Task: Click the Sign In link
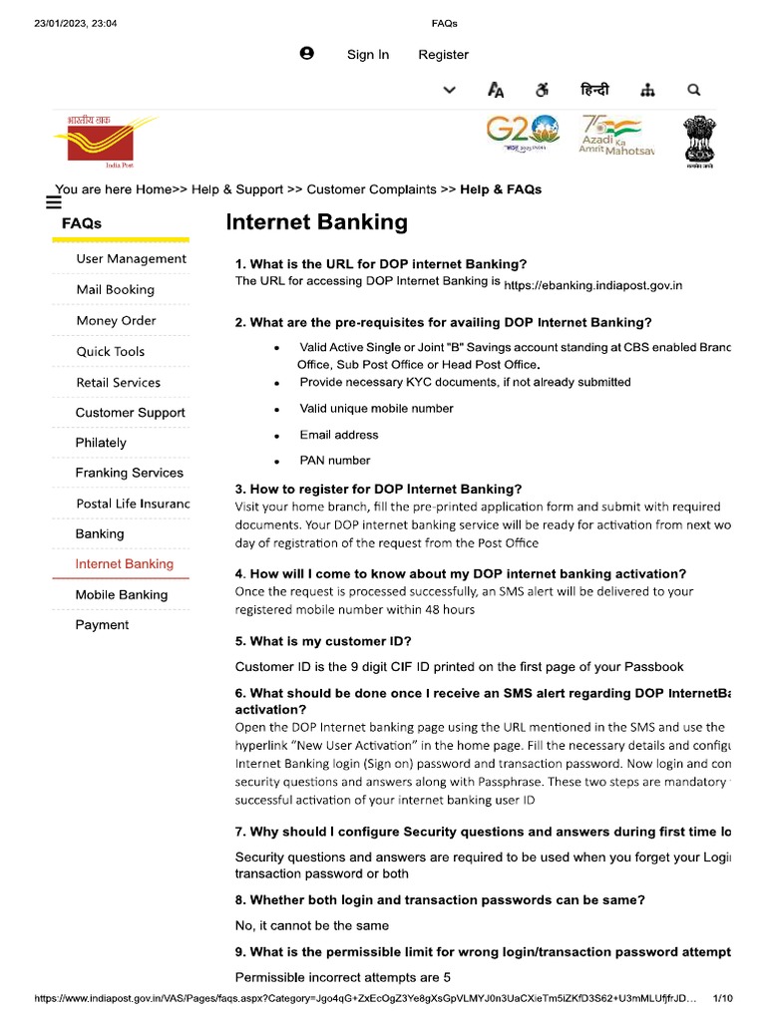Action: point(368,55)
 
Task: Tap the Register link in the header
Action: point(443,55)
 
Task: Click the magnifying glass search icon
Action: point(694,91)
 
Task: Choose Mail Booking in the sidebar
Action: point(116,290)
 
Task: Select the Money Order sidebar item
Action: point(116,321)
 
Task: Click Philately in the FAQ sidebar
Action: point(101,443)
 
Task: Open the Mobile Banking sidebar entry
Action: point(122,595)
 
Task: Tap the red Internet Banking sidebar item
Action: point(125,564)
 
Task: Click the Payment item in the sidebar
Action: point(102,625)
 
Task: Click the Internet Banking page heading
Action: point(317,222)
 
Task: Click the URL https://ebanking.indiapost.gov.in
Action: point(593,285)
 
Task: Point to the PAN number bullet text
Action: point(335,461)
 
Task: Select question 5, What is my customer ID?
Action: point(323,641)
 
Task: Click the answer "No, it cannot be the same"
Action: point(312,926)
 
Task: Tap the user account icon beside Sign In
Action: point(307,54)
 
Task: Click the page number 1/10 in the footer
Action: point(723,998)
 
